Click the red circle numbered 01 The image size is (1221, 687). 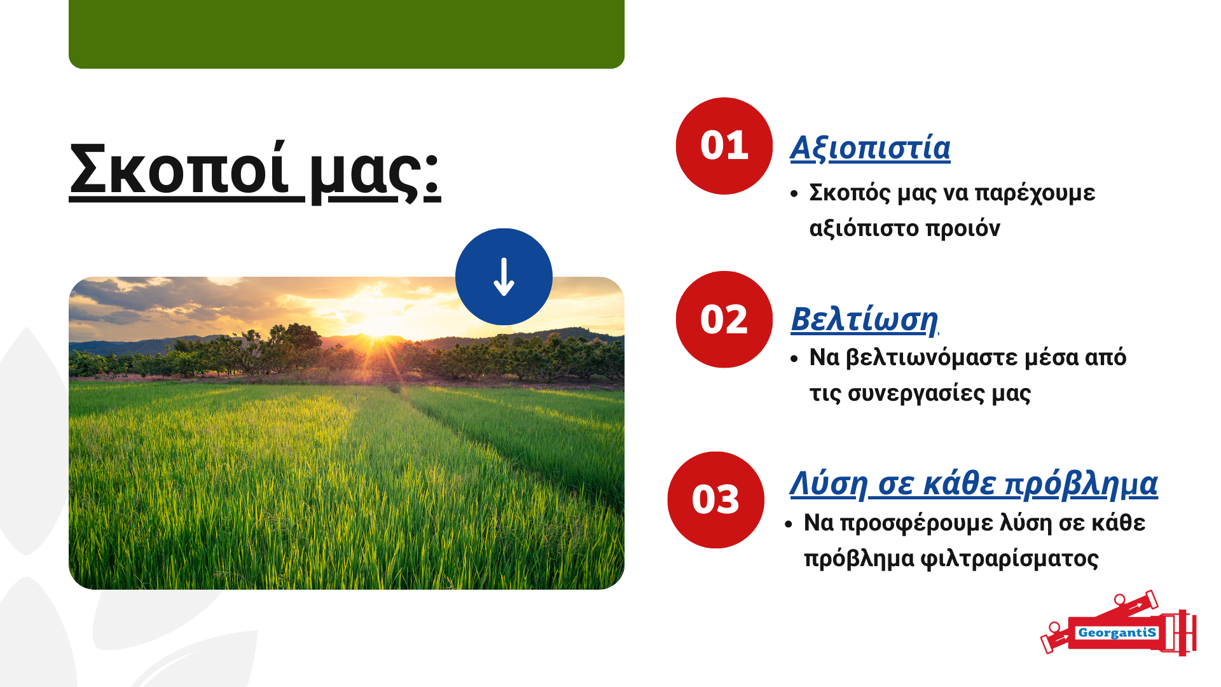point(724,146)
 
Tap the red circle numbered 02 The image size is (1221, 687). point(724,319)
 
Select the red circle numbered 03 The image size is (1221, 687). point(715,500)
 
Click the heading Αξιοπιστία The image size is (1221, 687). point(870,148)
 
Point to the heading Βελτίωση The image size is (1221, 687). point(864,319)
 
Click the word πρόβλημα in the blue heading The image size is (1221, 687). point(1081,485)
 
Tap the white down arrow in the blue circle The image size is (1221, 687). point(504,277)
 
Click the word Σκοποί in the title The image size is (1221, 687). point(179,168)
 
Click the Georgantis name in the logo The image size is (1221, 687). point(1117,633)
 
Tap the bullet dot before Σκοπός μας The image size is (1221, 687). point(794,193)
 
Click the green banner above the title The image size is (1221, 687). point(347,34)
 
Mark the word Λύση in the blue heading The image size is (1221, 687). point(829,485)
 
